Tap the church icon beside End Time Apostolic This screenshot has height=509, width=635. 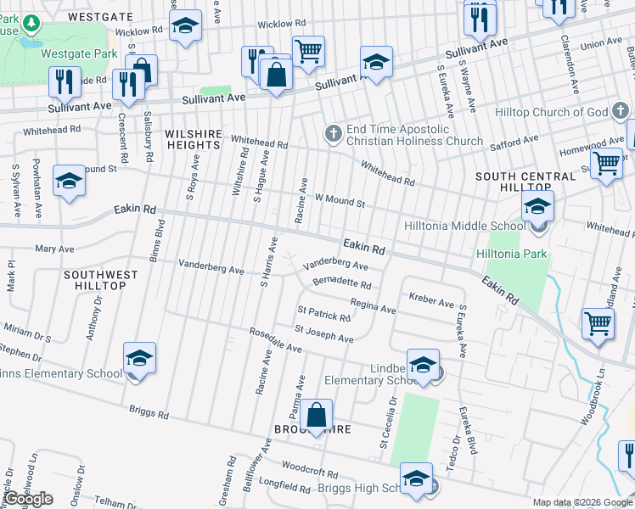tap(334, 132)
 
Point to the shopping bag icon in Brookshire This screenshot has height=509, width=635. tap(316, 416)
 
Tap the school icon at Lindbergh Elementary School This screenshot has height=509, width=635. tap(423, 365)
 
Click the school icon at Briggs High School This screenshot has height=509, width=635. tap(417, 478)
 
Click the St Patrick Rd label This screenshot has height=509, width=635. tap(323, 313)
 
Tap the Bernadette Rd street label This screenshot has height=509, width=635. tap(342, 283)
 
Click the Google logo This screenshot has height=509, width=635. tap(28, 499)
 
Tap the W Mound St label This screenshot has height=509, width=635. tap(340, 202)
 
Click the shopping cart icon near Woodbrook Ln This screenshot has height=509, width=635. tap(598, 323)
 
